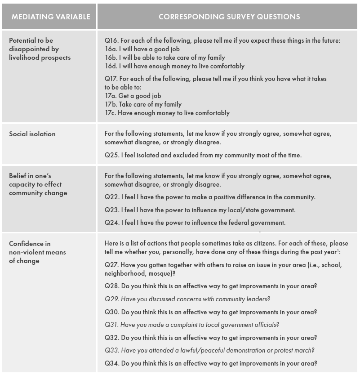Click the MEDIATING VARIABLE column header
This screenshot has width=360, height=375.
[x=51, y=17]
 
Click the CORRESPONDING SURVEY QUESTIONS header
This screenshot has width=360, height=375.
[x=229, y=17]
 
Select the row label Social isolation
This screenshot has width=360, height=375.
[x=32, y=134]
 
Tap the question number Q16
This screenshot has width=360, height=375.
[x=111, y=40]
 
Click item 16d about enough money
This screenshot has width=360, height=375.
[x=174, y=66]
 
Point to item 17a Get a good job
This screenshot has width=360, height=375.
[x=133, y=96]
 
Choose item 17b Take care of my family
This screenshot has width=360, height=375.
[x=143, y=104]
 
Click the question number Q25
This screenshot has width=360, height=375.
[x=111, y=155]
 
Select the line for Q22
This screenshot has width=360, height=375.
[x=210, y=197]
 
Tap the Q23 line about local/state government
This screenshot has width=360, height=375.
[x=200, y=210]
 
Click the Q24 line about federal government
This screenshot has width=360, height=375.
[x=195, y=222]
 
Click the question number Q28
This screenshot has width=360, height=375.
[x=111, y=286]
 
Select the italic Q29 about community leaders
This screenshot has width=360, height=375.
[x=187, y=299]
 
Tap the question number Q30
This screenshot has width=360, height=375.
[x=111, y=312]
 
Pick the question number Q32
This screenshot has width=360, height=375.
[x=111, y=338]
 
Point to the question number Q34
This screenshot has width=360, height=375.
[x=111, y=363]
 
